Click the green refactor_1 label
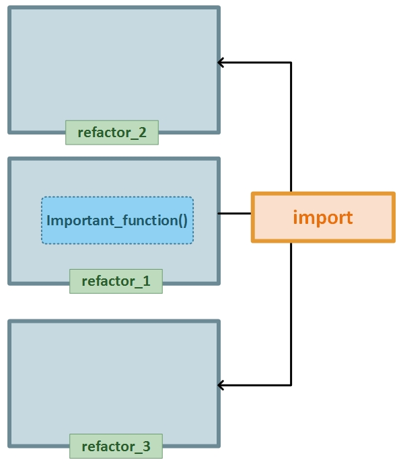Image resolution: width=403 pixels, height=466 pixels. point(116,281)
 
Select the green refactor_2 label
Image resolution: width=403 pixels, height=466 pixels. point(112,132)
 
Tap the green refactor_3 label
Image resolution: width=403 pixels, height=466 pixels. point(116,446)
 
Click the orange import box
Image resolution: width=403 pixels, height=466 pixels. point(323,217)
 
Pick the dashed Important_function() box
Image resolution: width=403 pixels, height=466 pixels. point(118,220)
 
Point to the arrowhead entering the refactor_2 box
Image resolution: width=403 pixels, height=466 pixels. point(221,63)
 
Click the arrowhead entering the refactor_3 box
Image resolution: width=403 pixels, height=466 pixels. point(221,385)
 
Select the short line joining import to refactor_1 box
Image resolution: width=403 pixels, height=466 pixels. point(234,213)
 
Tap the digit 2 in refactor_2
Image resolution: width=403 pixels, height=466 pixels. point(143,132)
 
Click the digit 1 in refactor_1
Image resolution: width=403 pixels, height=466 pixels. point(146,281)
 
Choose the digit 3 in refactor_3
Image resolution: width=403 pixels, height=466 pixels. point(146,446)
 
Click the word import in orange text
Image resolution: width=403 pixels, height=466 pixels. point(323,218)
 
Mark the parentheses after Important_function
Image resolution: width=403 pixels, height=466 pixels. point(182,221)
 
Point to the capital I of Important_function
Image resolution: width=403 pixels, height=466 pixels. point(48,221)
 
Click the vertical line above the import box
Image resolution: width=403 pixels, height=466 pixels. point(291,127)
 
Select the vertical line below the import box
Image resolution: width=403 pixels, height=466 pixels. point(291,314)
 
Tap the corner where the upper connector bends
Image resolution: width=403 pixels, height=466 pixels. point(291,63)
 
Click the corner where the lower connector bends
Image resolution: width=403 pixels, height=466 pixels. point(291,385)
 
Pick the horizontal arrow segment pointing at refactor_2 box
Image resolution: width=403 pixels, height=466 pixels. point(254,63)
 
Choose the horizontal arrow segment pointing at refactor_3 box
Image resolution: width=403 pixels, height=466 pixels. point(254,385)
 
